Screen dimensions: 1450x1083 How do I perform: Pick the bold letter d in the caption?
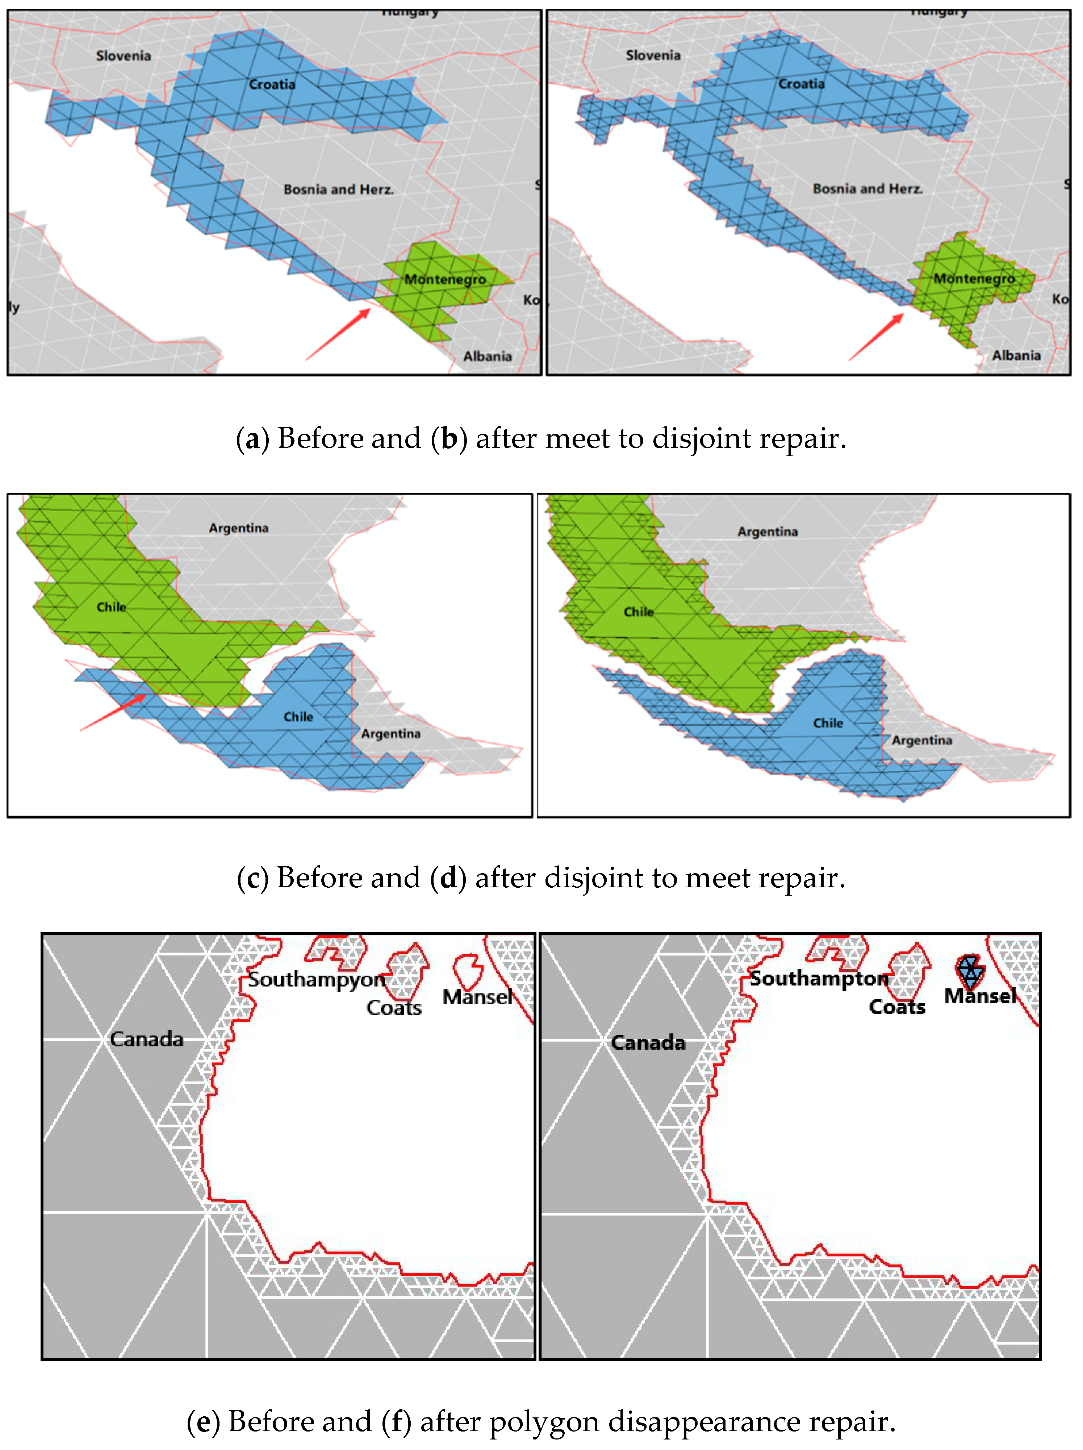pyautogui.click(x=448, y=878)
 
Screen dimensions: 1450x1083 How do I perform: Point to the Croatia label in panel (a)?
pyautogui.click(x=272, y=84)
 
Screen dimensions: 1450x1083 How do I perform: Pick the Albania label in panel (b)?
pyautogui.click(x=1016, y=355)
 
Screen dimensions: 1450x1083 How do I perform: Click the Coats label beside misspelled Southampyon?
pyautogui.click(x=394, y=1008)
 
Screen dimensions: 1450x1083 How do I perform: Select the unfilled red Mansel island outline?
pyautogui.click(x=468, y=971)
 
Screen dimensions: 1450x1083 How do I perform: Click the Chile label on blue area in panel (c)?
pyautogui.click(x=298, y=716)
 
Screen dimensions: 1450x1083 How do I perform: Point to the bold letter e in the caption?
pyautogui.click(x=203, y=1421)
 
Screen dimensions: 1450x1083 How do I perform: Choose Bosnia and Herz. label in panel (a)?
pyautogui.click(x=338, y=189)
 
